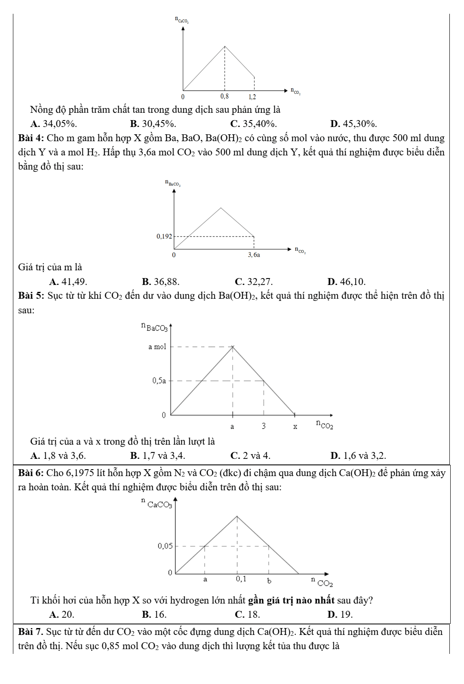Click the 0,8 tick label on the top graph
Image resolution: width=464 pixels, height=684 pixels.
(x=224, y=96)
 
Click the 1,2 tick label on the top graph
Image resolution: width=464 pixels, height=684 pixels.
(x=252, y=96)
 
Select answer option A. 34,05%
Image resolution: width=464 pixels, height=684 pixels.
(x=54, y=124)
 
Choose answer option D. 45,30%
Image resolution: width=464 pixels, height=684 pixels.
(x=353, y=124)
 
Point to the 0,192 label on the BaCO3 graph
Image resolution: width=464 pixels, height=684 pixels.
(x=164, y=236)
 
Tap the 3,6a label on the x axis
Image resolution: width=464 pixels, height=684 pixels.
(x=254, y=255)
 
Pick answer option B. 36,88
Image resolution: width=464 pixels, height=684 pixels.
(x=161, y=282)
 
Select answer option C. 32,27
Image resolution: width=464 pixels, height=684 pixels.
(x=254, y=282)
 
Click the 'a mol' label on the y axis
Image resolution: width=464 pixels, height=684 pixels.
(x=157, y=347)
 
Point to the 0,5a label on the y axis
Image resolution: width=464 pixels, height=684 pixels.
(x=159, y=381)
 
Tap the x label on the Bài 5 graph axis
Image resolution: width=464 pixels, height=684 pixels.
(x=295, y=427)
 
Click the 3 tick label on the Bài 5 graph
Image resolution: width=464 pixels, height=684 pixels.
(x=264, y=426)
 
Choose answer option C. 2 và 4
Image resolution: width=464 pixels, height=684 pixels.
(x=250, y=455)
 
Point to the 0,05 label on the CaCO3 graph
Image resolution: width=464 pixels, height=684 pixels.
(x=165, y=546)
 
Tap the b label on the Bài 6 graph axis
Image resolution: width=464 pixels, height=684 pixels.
(x=270, y=581)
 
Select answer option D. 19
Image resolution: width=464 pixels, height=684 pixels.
(x=340, y=614)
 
